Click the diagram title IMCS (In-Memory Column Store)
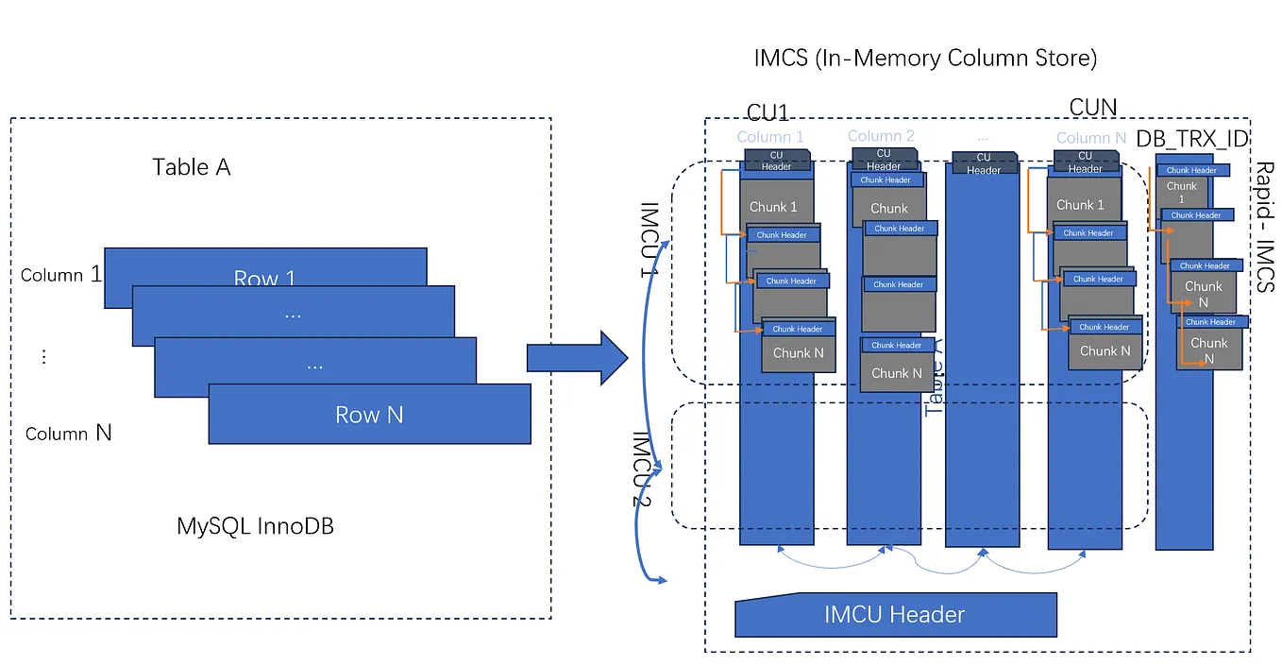coord(925,59)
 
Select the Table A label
coord(192,168)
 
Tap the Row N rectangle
coord(369,415)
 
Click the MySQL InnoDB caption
coord(255,526)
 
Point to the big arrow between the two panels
coord(576,359)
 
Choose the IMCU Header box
coord(895,615)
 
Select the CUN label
coord(1092,108)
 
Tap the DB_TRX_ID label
coord(1192,139)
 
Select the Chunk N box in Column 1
coord(798,353)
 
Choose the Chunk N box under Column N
coord(1105,351)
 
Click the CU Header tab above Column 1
coord(777,162)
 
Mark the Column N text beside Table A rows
coord(68,434)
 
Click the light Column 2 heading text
coord(881,136)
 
